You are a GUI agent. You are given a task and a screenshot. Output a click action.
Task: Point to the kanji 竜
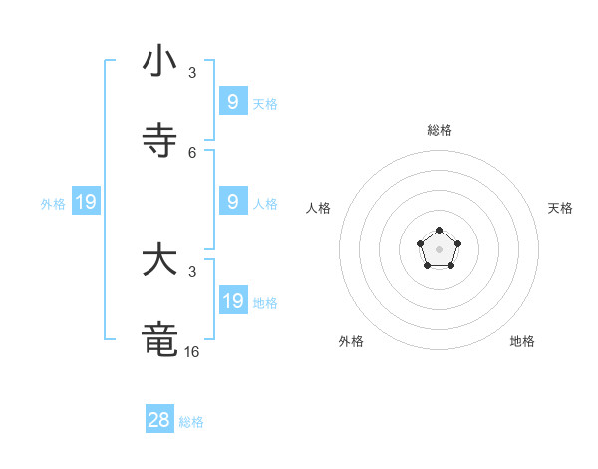tap(159, 340)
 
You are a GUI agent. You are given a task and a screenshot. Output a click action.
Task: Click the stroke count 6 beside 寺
tap(192, 152)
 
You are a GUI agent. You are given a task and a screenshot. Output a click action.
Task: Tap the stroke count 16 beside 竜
tap(192, 352)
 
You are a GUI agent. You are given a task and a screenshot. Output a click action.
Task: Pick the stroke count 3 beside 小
tap(192, 73)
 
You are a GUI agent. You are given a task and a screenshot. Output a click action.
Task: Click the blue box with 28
tap(159, 420)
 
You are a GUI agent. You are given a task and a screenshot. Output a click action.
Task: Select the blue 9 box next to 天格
tap(233, 101)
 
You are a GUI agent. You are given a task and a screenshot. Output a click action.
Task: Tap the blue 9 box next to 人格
tap(233, 202)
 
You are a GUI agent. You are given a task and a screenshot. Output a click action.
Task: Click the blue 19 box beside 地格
tap(233, 300)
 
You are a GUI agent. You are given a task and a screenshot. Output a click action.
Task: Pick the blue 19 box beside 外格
tap(86, 202)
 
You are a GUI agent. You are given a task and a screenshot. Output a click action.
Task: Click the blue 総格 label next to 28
tap(191, 422)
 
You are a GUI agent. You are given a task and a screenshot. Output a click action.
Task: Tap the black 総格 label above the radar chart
tap(440, 130)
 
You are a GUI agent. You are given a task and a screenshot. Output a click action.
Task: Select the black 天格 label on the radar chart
tap(560, 208)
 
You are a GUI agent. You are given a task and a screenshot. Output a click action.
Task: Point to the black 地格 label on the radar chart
tap(522, 341)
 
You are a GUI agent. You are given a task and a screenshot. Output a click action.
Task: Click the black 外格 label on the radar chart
tap(351, 341)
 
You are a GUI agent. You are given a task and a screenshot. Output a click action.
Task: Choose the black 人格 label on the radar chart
tap(319, 208)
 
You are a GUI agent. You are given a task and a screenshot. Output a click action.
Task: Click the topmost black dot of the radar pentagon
tap(440, 231)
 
